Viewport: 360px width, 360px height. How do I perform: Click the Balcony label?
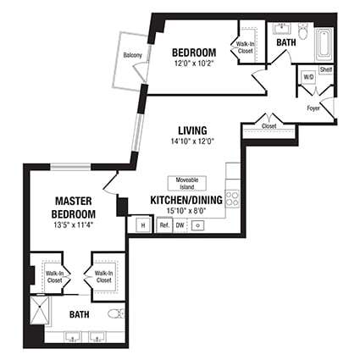click(x=132, y=56)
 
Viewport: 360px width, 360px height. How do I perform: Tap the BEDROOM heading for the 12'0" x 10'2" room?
click(x=193, y=52)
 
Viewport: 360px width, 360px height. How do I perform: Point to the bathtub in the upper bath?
click(x=324, y=45)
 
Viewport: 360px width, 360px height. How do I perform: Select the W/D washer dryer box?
click(x=308, y=78)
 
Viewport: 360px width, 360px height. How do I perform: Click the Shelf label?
click(x=325, y=69)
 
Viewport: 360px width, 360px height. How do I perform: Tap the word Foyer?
click(x=313, y=108)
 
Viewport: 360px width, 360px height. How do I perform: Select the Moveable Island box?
click(x=187, y=182)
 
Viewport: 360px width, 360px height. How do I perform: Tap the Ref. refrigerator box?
click(x=164, y=225)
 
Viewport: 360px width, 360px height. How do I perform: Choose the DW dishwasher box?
click(x=180, y=225)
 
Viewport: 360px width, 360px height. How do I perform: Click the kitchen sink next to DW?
click(x=199, y=225)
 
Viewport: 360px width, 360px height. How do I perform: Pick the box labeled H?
click(x=141, y=225)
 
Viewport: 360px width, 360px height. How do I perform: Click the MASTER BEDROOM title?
click(x=74, y=208)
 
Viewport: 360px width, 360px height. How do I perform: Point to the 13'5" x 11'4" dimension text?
click(x=74, y=225)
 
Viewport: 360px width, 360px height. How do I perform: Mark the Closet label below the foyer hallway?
click(x=269, y=126)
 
